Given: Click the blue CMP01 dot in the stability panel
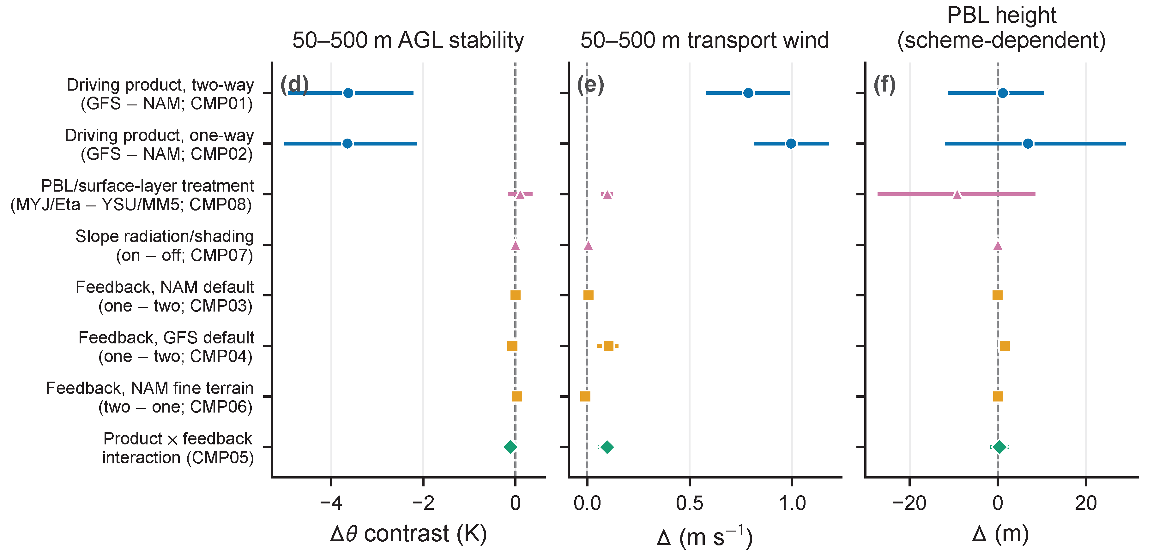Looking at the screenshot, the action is pyautogui.click(x=348, y=93).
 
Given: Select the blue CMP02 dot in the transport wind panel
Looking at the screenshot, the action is pyautogui.click(x=791, y=144).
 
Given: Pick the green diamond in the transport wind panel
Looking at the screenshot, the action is pyautogui.click(x=607, y=447).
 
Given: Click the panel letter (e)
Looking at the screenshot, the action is pyautogui.click(x=590, y=85).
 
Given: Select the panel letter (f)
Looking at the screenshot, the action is pyautogui.click(x=885, y=85).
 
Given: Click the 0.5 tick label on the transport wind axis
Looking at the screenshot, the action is pyautogui.click(x=690, y=503).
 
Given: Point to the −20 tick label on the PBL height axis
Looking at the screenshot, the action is pyautogui.click(x=909, y=503).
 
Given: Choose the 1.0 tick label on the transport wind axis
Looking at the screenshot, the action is pyautogui.click(x=792, y=503).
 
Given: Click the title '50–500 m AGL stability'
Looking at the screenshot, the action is pyautogui.click(x=408, y=40).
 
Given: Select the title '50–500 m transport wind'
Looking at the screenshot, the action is pyautogui.click(x=705, y=40).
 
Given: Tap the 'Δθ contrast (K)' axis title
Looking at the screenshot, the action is pyautogui.click(x=408, y=534).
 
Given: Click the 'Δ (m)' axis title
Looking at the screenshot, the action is pyautogui.click(x=1001, y=534).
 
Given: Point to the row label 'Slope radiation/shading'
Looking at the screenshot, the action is pyautogui.click(x=164, y=236).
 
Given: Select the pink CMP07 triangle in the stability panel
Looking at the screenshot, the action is pyautogui.click(x=515, y=245).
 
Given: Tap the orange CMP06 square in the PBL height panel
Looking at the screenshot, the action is pyautogui.click(x=998, y=396).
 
